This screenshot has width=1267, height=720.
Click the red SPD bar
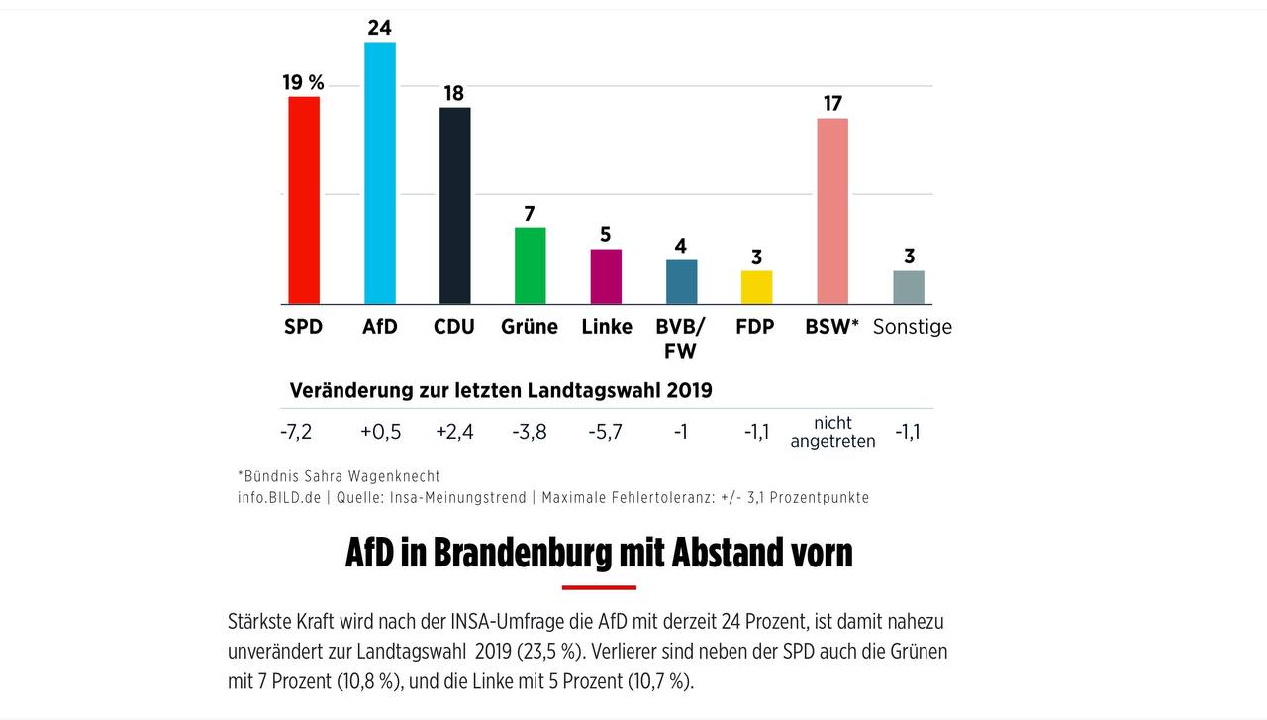tap(304, 200)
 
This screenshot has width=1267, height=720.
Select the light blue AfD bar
tap(380, 173)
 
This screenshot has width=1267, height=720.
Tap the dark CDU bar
tap(455, 206)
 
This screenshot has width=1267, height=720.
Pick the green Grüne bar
tap(531, 265)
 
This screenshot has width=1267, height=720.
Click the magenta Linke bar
tap(606, 276)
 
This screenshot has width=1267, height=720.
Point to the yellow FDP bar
tap(756, 287)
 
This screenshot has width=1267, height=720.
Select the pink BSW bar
tap(832, 211)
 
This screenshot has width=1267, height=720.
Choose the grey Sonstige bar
tap(909, 287)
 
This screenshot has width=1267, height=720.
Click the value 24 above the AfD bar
tap(380, 28)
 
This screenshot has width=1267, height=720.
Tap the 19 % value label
tap(304, 82)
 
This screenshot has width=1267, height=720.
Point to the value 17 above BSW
tap(832, 103)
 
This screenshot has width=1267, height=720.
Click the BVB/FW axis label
tap(681, 338)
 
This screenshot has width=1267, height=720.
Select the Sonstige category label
tap(912, 327)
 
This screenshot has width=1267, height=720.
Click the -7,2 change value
tap(296, 432)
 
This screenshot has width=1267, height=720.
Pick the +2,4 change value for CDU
tap(455, 432)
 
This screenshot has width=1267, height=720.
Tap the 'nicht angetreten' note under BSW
tap(832, 432)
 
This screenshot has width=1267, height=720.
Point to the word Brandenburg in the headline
tap(523, 553)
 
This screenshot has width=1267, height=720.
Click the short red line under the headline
tap(599, 587)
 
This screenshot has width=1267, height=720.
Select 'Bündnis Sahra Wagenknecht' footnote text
tap(341, 476)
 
